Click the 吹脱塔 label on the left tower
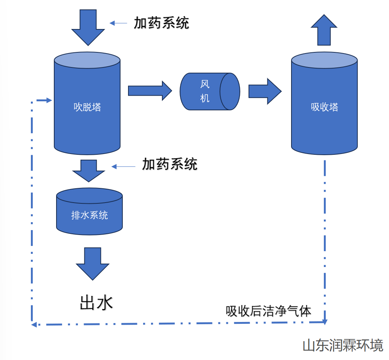pos(87,107)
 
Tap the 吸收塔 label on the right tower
pos(325,107)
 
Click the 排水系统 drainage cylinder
pos(89,215)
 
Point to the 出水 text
pos(96,302)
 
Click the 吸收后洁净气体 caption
pos(268,311)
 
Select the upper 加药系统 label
pos(162,23)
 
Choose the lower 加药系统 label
pos(169,164)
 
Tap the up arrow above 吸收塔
pos(324,30)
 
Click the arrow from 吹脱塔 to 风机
pos(149,91)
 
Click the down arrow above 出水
pos(92,263)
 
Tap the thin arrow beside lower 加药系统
pos(123,166)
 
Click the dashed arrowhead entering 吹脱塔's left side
pos(48,100)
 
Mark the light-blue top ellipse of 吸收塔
pos(324,60)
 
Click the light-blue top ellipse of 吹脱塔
pos(87,60)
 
